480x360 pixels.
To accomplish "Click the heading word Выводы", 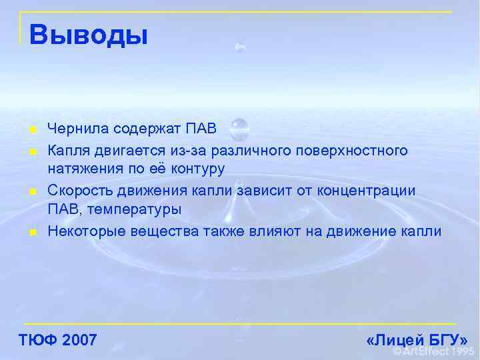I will [88, 35].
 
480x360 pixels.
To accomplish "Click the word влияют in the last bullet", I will [270, 232].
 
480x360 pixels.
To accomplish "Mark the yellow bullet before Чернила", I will [31, 129].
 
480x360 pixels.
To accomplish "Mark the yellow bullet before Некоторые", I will [31, 233].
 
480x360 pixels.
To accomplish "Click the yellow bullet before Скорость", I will [31, 192].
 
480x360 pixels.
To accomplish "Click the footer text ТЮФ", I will [37, 341].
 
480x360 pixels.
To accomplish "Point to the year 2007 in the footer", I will [79, 341].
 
